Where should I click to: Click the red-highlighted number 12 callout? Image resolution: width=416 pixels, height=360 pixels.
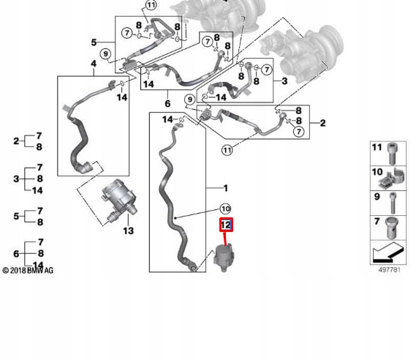[x=226, y=225]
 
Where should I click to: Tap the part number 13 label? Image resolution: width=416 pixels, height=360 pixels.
[x=129, y=230]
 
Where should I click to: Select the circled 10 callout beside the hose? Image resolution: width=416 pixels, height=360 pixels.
[x=225, y=209]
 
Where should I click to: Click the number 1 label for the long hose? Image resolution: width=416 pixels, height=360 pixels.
[x=225, y=188]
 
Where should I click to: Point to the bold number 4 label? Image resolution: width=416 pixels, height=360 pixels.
[x=94, y=64]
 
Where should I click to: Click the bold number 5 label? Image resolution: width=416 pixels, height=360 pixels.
[x=94, y=42]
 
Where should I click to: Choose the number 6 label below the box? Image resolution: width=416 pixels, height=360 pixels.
[x=167, y=104]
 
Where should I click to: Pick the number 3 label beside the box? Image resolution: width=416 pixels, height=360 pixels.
[x=284, y=81]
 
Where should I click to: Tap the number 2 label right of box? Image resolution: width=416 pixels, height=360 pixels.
[x=322, y=123]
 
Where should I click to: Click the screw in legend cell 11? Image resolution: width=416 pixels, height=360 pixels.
[x=392, y=154]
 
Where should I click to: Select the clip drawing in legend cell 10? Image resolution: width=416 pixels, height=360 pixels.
[x=392, y=179]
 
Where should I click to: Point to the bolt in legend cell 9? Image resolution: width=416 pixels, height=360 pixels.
[x=393, y=203]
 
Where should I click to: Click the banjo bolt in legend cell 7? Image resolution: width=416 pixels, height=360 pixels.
[x=391, y=228]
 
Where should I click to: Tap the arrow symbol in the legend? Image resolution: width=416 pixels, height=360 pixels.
[x=388, y=252]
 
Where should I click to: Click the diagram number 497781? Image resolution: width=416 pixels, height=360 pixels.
[x=389, y=270]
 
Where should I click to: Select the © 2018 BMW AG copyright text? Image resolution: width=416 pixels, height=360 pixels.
[x=28, y=271]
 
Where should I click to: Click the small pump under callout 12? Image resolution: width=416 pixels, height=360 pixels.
[x=224, y=258]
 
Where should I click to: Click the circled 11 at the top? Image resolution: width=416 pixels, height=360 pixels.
[x=151, y=5]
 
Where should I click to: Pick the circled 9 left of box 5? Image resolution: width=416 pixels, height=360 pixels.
[x=105, y=54]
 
